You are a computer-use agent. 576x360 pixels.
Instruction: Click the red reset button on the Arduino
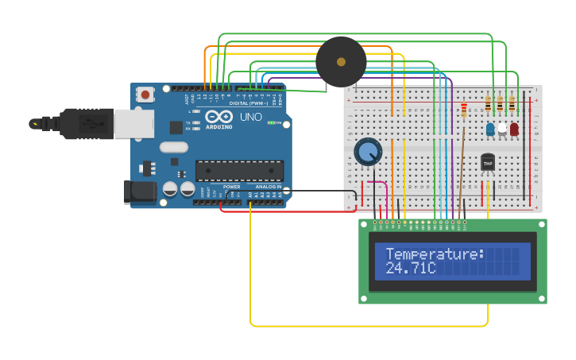(145, 95)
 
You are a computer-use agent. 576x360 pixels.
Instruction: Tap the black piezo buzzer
(341, 62)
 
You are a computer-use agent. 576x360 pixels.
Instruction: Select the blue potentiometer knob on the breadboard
(368, 151)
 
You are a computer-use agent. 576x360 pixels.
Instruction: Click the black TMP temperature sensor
(488, 162)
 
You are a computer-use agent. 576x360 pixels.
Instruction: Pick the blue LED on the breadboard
(491, 128)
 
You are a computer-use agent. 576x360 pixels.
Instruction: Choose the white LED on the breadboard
(502, 128)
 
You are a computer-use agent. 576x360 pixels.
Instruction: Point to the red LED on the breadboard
(514, 128)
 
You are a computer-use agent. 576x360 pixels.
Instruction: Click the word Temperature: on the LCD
(435, 254)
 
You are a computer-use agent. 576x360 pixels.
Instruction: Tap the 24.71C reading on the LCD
(411, 269)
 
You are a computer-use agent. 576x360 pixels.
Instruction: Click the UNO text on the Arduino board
(251, 117)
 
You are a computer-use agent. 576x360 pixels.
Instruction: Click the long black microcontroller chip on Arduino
(239, 171)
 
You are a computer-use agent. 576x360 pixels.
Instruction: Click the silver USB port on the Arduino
(133, 124)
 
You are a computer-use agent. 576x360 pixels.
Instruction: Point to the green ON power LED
(272, 123)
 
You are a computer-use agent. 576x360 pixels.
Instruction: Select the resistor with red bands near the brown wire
(464, 110)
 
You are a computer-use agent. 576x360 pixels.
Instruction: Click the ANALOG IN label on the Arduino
(268, 187)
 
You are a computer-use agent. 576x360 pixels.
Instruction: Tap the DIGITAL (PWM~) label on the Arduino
(249, 103)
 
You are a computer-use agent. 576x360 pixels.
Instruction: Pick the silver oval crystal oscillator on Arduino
(173, 147)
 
